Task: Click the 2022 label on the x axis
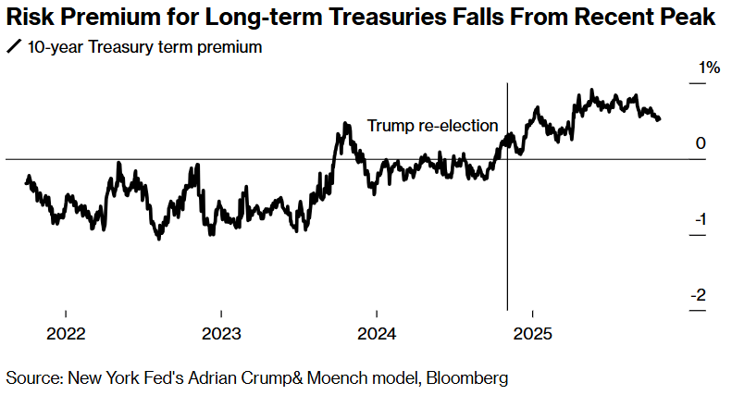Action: coord(66,333)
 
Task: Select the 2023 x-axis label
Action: coord(221,333)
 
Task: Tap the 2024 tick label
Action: coord(377,333)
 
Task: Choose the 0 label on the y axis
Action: coord(701,143)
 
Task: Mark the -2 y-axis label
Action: coord(699,295)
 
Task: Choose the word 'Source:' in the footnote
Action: coord(31,377)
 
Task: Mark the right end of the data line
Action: coord(659,118)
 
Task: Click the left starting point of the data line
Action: coord(26,181)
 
